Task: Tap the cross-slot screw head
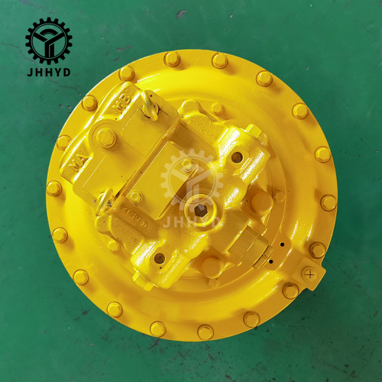click(x=309, y=273)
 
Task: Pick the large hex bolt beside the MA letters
click(x=107, y=139)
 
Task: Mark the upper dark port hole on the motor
click(x=238, y=157)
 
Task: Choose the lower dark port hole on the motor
click(x=160, y=258)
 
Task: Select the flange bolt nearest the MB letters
click(x=127, y=73)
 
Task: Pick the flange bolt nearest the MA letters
click(x=63, y=142)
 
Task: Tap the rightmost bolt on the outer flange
click(x=329, y=202)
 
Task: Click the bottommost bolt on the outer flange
click(x=205, y=332)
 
